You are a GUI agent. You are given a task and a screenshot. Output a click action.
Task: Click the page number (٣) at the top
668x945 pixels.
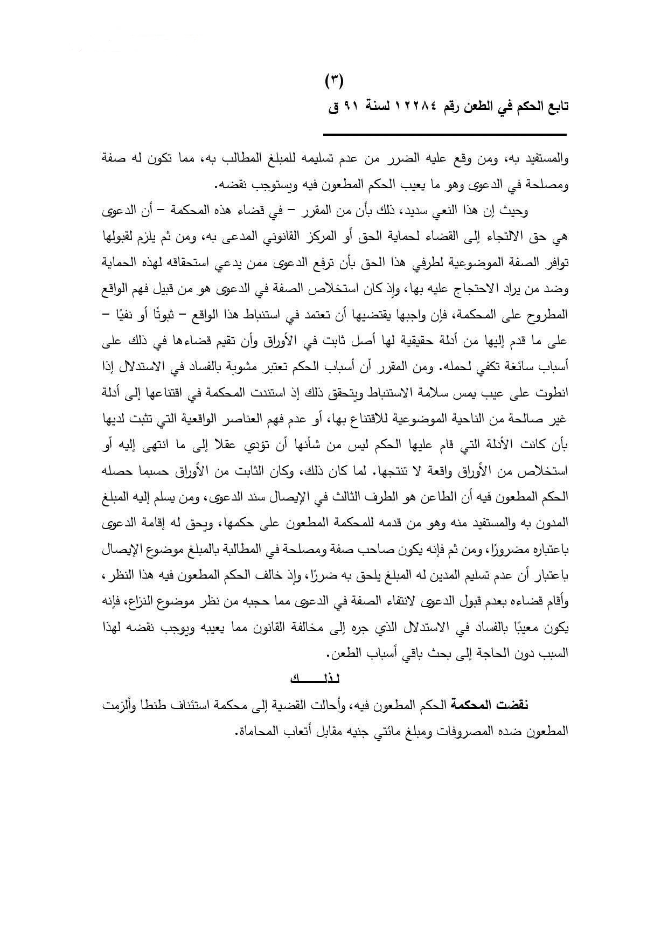[334, 82]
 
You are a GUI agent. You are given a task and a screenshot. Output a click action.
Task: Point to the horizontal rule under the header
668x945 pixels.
[445, 134]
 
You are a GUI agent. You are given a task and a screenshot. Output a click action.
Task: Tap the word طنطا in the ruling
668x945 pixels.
[156, 705]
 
